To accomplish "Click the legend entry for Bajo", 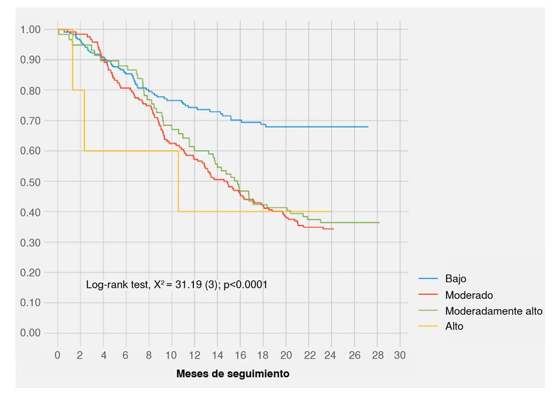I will point(455,279).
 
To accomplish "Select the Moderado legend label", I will point(469,295).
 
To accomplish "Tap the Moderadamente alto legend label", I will point(493,311).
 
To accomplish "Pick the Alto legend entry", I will point(454,326).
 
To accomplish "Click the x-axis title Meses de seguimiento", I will point(233,374).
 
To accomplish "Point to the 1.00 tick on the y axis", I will point(31,29).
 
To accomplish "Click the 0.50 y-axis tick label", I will point(31,181).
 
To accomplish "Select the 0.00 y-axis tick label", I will point(31,333).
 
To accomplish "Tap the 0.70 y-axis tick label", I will point(31,120).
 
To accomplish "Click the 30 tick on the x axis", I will point(400,355).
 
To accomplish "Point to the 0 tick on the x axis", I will point(58,355).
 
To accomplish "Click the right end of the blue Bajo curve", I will point(367,127).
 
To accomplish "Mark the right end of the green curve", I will point(379,222).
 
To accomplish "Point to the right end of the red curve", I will point(333,229).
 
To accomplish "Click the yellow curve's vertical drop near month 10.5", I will point(178,181).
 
